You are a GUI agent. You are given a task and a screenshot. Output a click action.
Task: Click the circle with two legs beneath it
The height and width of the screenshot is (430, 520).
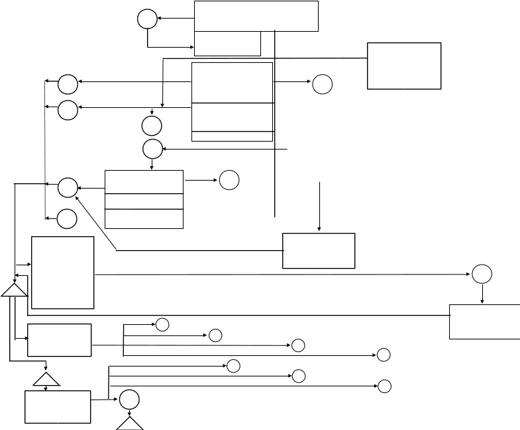[129, 400]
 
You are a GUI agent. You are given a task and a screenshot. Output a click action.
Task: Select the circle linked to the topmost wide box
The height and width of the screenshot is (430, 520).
[147, 19]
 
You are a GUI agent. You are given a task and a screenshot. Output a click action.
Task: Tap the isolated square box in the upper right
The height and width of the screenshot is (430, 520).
[404, 65]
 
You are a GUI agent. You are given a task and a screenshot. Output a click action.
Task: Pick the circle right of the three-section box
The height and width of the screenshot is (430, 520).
[322, 84]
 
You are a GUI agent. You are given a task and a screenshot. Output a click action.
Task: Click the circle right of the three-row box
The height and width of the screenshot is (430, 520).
[229, 180]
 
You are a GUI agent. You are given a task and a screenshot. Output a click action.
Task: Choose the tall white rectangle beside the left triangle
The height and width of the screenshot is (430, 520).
[63, 272]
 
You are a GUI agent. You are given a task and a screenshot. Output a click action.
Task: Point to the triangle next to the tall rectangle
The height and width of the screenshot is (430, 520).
[14, 290]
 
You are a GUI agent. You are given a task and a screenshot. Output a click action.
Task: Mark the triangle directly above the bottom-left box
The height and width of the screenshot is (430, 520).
[46, 378]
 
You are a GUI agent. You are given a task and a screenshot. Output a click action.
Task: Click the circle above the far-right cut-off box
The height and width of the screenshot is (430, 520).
[482, 274]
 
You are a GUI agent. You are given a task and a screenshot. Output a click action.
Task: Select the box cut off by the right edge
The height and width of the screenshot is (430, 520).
[484, 322]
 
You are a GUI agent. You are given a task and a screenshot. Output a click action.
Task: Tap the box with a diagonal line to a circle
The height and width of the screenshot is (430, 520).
[319, 250]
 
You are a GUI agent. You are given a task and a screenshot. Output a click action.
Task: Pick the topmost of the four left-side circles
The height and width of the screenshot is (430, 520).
[68, 85]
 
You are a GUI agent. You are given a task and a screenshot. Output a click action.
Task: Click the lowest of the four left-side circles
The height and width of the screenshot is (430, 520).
[66, 218]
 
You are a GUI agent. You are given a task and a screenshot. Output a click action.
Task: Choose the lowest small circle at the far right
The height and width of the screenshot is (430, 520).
[384, 386]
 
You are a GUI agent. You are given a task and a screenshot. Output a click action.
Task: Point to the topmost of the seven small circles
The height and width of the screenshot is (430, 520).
[162, 324]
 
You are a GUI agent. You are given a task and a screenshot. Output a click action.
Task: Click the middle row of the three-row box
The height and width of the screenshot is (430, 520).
[144, 201]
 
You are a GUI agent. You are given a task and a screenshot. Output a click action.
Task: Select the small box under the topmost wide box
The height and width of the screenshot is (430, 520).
[227, 44]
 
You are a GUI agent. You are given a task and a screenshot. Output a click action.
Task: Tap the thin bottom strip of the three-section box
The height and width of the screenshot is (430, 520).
[232, 136]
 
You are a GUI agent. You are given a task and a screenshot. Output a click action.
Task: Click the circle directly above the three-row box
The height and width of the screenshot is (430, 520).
[152, 150]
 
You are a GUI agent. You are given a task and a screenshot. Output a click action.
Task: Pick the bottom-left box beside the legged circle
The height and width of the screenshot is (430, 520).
[58, 406]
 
